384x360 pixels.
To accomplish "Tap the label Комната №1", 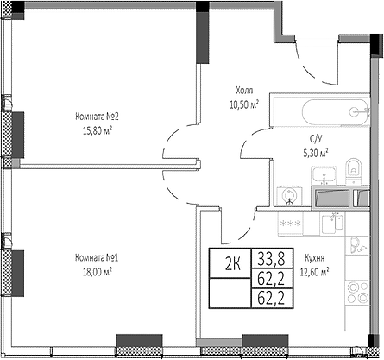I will [x=97, y=256].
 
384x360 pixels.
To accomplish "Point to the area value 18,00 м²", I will [x=97, y=270].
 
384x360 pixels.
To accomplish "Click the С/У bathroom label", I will [x=316, y=139].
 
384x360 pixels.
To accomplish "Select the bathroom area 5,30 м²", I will [x=316, y=152].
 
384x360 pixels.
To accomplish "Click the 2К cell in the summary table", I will [x=233, y=264].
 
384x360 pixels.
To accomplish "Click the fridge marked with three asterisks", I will [x=290, y=224].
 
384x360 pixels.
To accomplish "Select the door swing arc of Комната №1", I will [x=177, y=183].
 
